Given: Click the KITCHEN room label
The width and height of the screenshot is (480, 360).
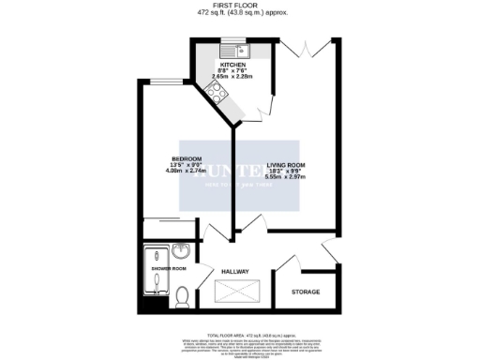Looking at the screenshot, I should [x=233, y=65].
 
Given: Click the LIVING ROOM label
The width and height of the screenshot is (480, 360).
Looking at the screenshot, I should [x=286, y=165].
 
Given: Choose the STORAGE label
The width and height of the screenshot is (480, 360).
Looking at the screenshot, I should [x=305, y=292].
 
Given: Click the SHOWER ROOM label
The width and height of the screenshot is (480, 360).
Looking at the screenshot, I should [x=169, y=269].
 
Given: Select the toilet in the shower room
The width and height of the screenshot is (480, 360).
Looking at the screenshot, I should [x=184, y=298].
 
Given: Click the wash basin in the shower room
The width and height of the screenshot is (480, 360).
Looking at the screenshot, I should [x=184, y=253].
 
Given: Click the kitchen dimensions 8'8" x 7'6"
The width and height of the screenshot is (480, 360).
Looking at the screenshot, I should [x=233, y=71].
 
